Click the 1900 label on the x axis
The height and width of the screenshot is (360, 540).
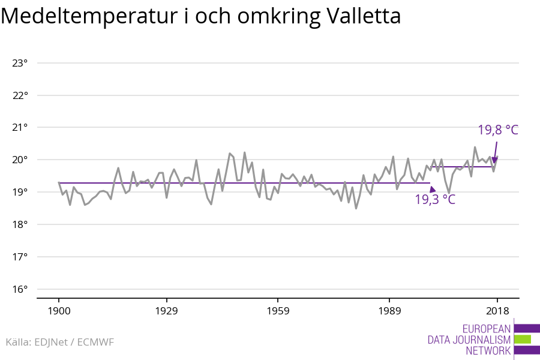(x=59, y=311)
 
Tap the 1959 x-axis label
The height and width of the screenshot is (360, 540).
(x=277, y=311)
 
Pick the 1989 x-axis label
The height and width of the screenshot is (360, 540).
(x=389, y=311)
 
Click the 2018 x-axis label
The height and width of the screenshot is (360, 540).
(x=497, y=311)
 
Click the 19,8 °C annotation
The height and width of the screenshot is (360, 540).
(x=497, y=130)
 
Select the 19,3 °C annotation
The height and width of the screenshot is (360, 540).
(x=435, y=200)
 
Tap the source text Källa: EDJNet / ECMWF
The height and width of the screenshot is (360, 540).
(x=59, y=342)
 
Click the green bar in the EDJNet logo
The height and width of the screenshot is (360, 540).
(x=522, y=340)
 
